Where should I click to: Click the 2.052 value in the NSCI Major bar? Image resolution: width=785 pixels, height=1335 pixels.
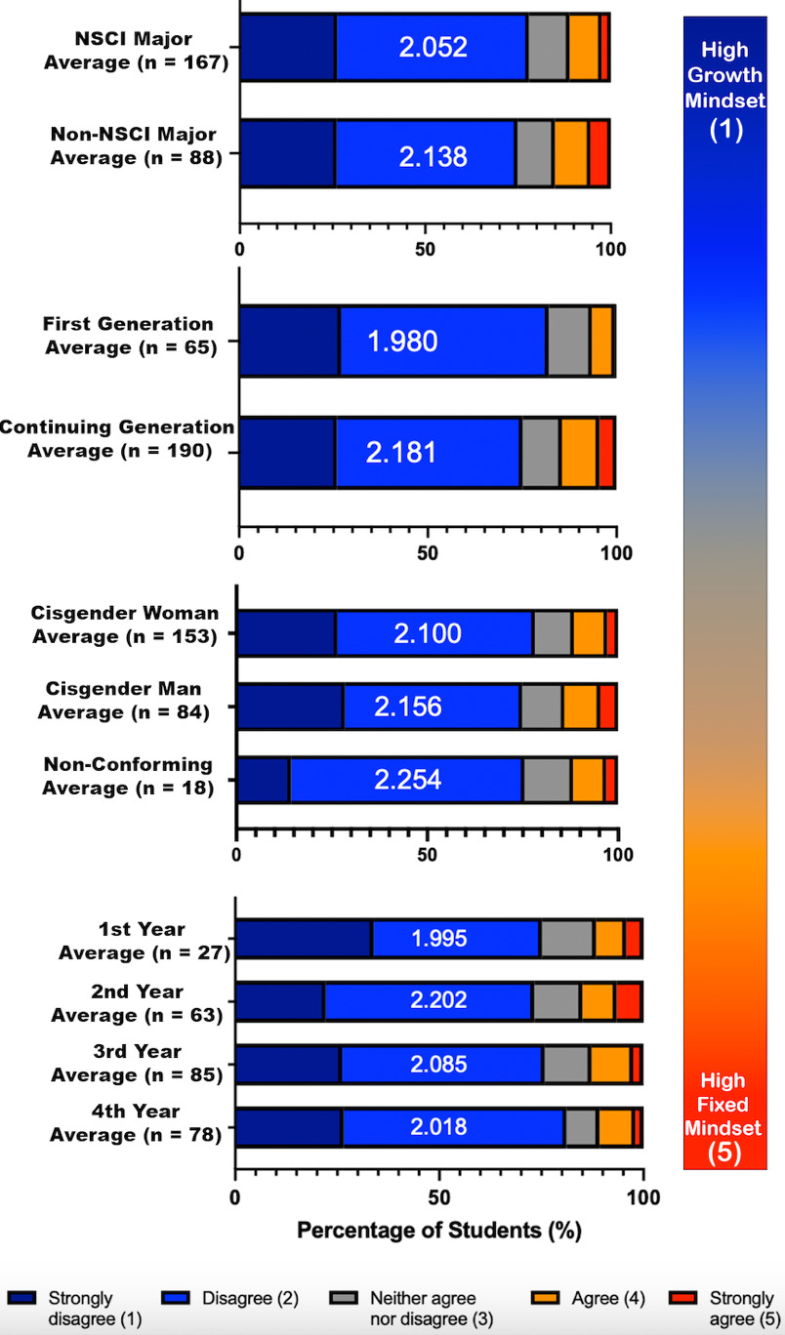tap(433, 47)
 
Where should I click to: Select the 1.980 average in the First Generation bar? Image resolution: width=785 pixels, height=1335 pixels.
tap(402, 342)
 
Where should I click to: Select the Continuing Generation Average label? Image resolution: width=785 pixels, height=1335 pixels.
tap(118, 439)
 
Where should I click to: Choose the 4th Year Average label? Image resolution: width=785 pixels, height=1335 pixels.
tap(136, 1123)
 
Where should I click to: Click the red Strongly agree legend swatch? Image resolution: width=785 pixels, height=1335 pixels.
tap(686, 1299)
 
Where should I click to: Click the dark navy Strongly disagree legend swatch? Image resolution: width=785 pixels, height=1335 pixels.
tap(23, 1299)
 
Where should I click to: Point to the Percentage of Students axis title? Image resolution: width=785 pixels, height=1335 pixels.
tap(438, 1230)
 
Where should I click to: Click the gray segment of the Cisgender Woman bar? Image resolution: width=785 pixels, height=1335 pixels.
tap(553, 633)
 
